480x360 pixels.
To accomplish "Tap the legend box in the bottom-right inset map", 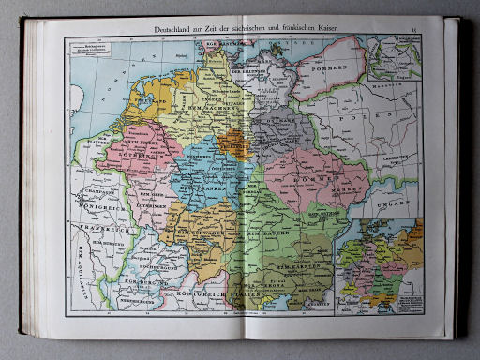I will click(x=408, y=303).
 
